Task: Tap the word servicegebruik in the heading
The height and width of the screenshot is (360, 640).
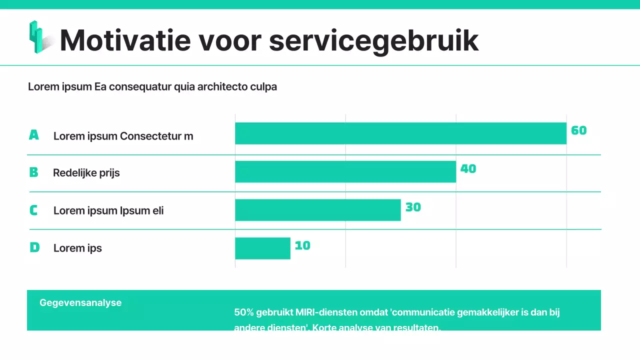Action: pyautogui.click(x=373, y=40)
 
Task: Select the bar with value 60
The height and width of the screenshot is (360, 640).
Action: pyautogui.click(x=400, y=133)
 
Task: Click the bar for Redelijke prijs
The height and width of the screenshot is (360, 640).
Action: pyautogui.click(x=345, y=171)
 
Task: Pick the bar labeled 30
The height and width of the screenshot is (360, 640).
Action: pyautogui.click(x=318, y=210)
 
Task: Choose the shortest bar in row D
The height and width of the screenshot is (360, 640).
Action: pyautogui.click(x=262, y=248)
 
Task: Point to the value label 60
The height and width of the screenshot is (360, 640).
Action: pyautogui.click(x=578, y=130)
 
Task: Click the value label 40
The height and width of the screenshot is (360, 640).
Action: pyautogui.click(x=468, y=169)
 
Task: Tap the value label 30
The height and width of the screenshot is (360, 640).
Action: pyautogui.click(x=413, y=207)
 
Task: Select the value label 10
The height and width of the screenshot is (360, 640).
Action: pyautogui.click(x=302, y=245)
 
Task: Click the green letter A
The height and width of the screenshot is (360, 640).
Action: pyautogui.click(x=33, y=135)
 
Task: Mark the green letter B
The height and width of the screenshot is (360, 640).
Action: pyautogui.click(x=33, y=172)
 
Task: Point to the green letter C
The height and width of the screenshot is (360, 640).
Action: pyautogui.click(x=33, y=210)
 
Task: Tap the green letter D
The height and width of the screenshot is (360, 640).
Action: pyautogui.click(x=34, y=247)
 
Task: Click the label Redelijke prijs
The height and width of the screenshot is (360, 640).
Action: pyautogui.click(x=86, y=173)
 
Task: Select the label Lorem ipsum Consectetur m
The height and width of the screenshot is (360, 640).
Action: pyautogui.click(x=123, y=136)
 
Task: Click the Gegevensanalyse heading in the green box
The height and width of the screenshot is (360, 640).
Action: pyautogui.click(x=80, y=302)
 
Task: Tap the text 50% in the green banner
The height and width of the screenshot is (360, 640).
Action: pyautogui.click(x=244, y=312)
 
